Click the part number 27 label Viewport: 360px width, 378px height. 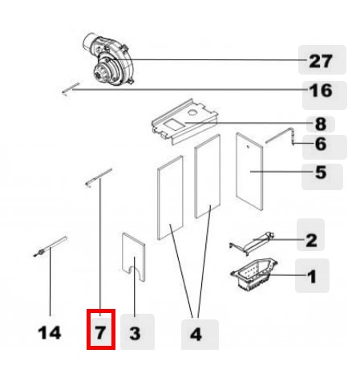pos(321,61)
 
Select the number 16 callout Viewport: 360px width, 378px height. pos(321,91)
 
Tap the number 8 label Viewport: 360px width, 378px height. pos(321,124)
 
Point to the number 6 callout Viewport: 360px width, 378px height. pos(321,144)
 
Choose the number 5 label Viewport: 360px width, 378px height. pos(321,173)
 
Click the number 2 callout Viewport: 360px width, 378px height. pos(311,240)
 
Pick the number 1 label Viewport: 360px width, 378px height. pos(312,276)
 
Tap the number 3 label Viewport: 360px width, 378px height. pos(135,334)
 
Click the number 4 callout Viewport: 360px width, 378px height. pos(196,334)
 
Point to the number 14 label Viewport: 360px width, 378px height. pos(50,333)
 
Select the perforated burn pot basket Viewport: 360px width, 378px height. pos(254,274)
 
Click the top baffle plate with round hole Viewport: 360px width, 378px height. pos(185,121)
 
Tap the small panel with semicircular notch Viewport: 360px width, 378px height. pos(134,257)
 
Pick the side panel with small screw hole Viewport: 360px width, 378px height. pos(249,172)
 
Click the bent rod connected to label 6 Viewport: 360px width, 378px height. pos(281,136)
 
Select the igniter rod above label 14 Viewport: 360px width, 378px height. pos(50,246)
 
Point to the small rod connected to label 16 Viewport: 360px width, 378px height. pos(71,88)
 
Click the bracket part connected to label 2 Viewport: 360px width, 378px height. pos(252,243)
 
